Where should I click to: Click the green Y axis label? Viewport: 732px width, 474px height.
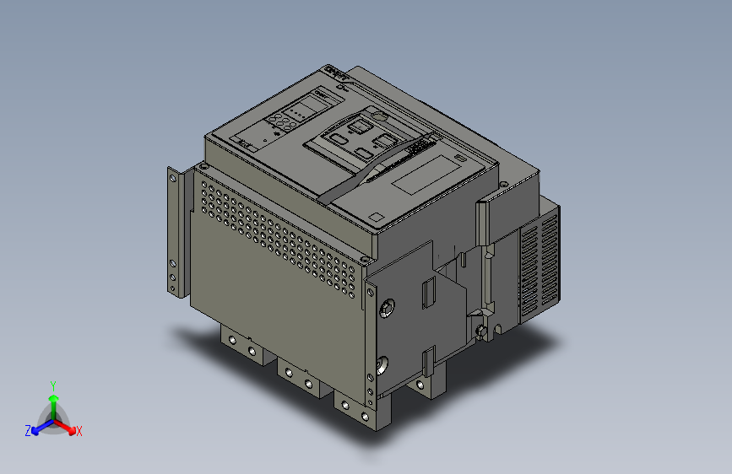click(52, 385)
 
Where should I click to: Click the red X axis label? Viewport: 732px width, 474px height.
click(79, 431)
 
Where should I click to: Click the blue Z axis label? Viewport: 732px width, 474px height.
click(28, 431)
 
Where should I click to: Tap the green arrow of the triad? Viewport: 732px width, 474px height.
click(52, 399)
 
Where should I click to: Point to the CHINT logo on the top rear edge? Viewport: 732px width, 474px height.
click(336, 73)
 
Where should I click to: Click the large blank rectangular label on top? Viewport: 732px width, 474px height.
click(429, 175)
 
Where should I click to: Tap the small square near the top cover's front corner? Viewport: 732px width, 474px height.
click(376, 218)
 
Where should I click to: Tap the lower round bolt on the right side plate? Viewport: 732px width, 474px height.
click(382, 366)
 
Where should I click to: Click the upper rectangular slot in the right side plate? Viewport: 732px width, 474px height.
click(427, 290)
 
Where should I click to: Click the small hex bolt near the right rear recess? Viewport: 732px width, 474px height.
click(482, 331)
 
